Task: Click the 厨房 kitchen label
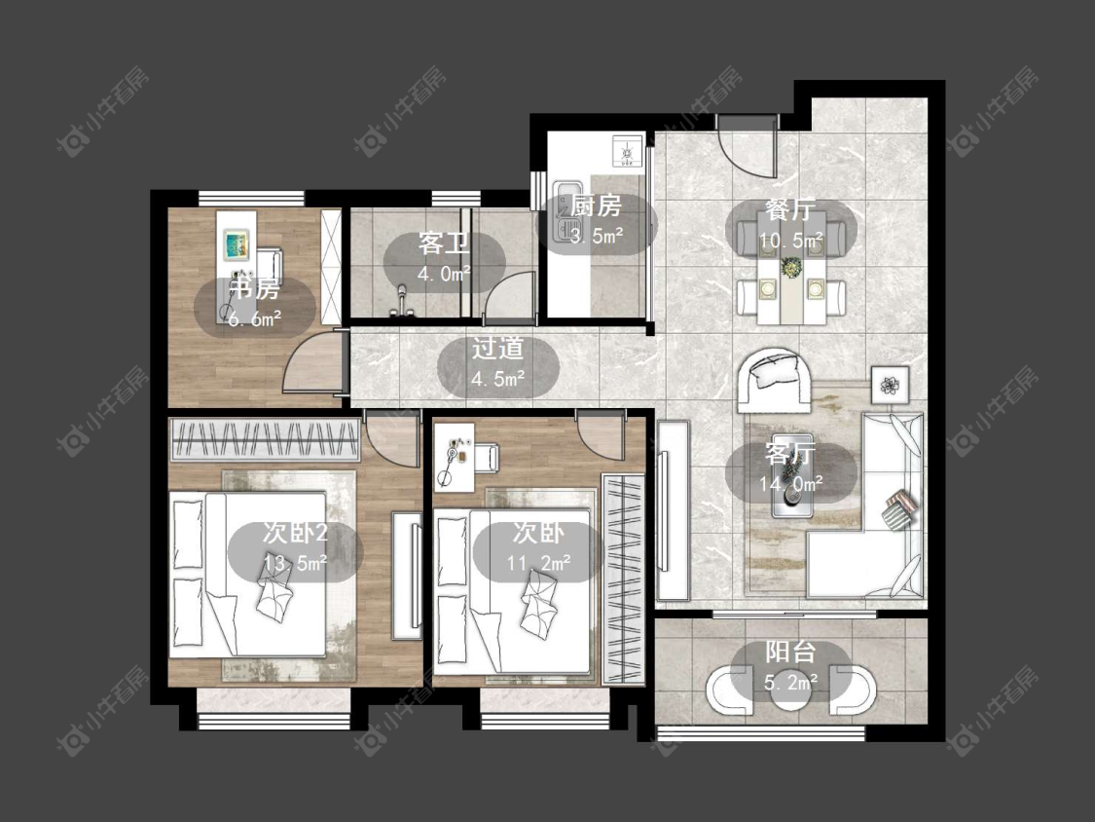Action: pyautogui.click(x=596, y=206)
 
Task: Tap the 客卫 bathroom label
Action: pyautogui.click(x=444, y=243)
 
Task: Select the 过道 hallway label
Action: pyautogui.click(x=497, y=348)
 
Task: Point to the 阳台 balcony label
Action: pyautogui.click(x=790, y=653)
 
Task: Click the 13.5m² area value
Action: pyautogui.click(x=295, y=563)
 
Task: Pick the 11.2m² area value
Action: pyautogui.click(x=538, y=563)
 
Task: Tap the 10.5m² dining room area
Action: pyautogui.click(x=791, y=242)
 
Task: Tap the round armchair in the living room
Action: pyautogui.click(x=775, y=381)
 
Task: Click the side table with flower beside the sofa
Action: pyautogui.click(x=890, y=385)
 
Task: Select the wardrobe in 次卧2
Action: pyautogui.click(x=266, y=439)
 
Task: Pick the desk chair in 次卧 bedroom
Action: pyautogui.click(x=486, y=460)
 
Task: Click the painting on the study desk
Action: pyautogui.click(x=237, y=244)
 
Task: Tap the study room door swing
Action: pyautogui.click(x=314, y=363)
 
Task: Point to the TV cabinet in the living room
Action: pyautogui.click(x=674, y=509)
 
